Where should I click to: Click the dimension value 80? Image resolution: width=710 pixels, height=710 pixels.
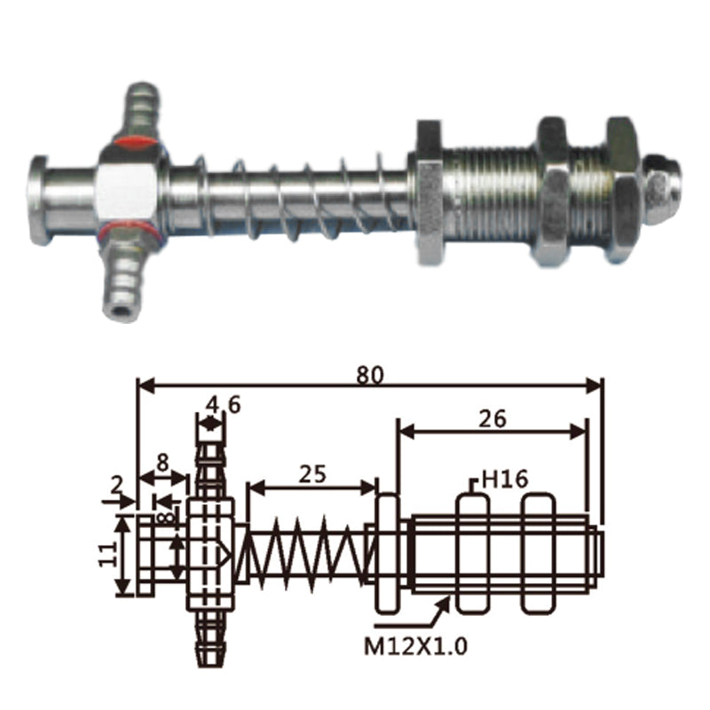click(369, 375)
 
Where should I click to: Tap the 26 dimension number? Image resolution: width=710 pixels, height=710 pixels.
click(493, 419)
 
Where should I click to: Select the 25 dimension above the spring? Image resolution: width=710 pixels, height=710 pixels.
click(312, 474)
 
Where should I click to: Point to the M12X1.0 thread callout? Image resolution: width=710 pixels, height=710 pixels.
click(415, 646)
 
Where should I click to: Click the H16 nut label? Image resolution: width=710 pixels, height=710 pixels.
click(504, 479)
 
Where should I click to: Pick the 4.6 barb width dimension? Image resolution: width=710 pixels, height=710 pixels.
click(223, 405)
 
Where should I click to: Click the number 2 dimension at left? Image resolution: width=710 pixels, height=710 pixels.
click(117, 485)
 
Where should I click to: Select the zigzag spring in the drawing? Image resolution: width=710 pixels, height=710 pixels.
click(306, 552)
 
